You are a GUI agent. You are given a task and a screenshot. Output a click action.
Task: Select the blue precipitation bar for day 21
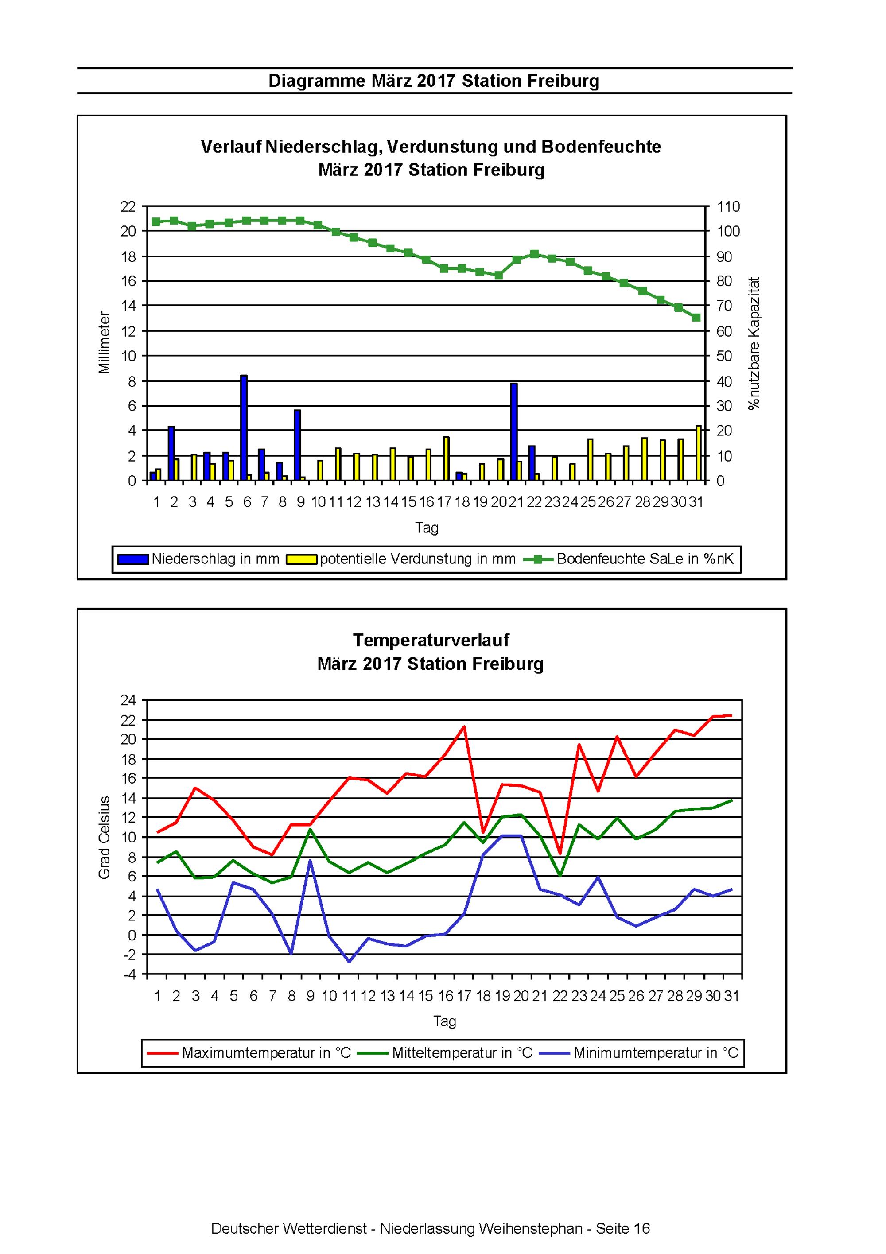coord(513,431)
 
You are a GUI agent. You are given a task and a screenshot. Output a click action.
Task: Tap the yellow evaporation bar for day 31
coord(698,453)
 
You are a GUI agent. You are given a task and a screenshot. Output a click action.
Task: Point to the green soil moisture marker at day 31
coord(696,317)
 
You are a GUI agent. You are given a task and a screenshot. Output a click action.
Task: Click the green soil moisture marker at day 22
coord(534,254)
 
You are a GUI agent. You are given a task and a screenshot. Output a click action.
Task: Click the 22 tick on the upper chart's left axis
coord(128,206)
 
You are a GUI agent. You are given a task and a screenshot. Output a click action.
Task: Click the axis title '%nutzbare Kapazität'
coord(754,343)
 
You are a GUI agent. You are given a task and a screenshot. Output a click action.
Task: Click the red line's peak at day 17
coord(464,726)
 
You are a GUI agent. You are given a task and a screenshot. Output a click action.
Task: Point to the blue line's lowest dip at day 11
coord(349,961)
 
